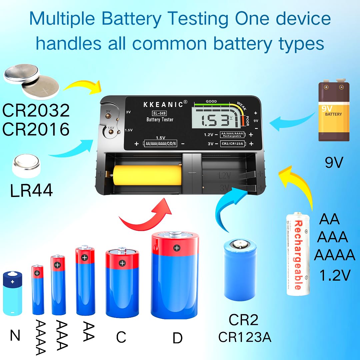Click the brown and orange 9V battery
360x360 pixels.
coord(334,111)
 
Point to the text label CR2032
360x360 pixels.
coord(36,111)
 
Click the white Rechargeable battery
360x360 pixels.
coord(298,254)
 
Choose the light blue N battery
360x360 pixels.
coord(12,293)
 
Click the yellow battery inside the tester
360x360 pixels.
coord(147,176)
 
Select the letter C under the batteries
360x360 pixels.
coord(121,337)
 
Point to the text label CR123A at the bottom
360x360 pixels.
coord(245,337)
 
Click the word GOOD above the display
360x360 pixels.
coord(211,101)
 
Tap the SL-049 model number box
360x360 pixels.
coord(160,113)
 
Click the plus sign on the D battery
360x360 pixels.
coord(176,248)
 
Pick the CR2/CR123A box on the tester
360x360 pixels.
coord(232,144)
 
